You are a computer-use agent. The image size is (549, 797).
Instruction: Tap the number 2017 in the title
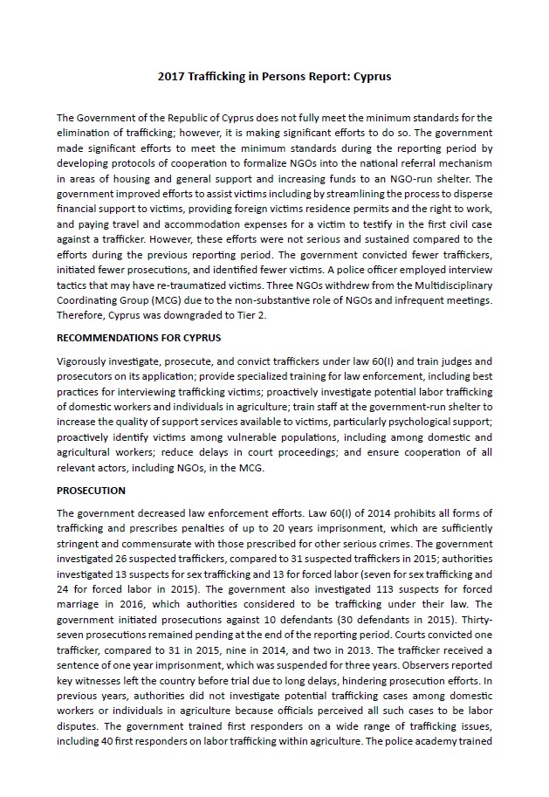pos(171,76)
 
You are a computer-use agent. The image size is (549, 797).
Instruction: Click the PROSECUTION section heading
pos(91,491)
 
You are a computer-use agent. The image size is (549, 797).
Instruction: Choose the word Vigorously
pos(85,361)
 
